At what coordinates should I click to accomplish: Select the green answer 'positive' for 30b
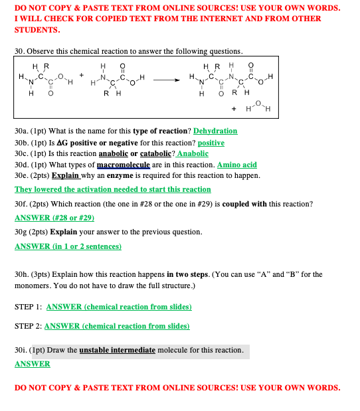point(211,143)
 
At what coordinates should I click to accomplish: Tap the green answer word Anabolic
point(193,153)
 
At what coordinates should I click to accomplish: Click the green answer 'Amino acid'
point(237,165)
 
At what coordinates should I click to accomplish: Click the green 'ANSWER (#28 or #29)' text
point(54,217)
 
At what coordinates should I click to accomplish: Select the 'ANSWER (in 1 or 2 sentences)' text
point(68,246)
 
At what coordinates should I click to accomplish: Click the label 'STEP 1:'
point(27,307)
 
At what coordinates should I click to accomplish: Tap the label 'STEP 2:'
point(27,326)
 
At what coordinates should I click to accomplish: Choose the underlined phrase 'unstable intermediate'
point(117,349)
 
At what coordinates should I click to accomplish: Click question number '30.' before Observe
point(19,51)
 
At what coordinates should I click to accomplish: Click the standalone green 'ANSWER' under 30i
point(32,364)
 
